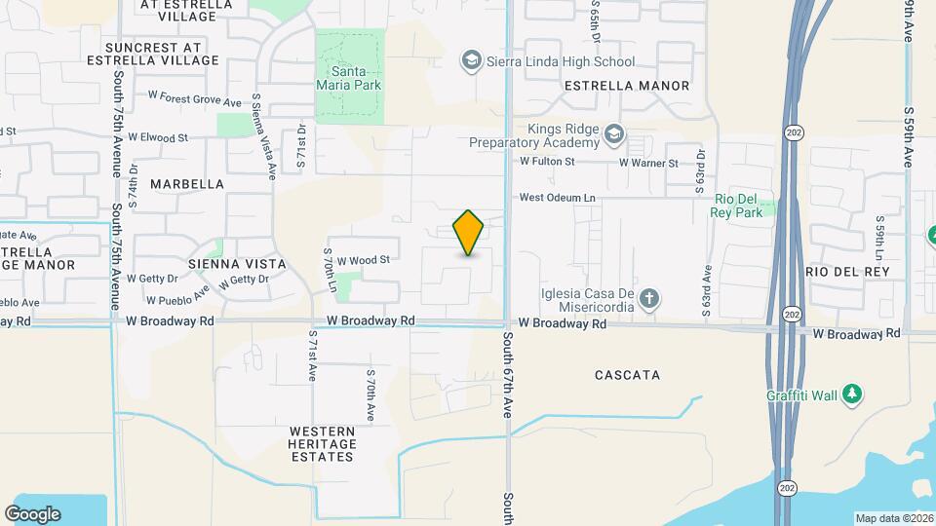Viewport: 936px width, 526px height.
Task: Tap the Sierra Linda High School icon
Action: click(472, 61)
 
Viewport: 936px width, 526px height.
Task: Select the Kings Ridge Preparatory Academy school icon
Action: click(613, 132)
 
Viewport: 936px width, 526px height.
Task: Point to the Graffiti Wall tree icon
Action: click(853, 394)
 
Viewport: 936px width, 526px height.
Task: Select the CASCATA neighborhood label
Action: click(627, 375)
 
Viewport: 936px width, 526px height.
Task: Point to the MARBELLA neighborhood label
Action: click(187, 183)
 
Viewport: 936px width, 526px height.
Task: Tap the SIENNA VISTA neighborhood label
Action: click(237, 264)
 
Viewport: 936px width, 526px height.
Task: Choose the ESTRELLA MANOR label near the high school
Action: click(627, 86)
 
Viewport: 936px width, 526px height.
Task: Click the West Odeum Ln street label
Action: click(557, 198)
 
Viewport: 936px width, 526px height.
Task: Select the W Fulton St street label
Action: click(550, 162)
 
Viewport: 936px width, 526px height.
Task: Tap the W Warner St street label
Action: click(648, 163)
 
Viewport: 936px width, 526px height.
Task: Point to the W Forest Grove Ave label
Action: click(194, 100)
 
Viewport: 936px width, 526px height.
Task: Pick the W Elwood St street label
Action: click(157, 138)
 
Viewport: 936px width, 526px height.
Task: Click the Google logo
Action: click(32, 513)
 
